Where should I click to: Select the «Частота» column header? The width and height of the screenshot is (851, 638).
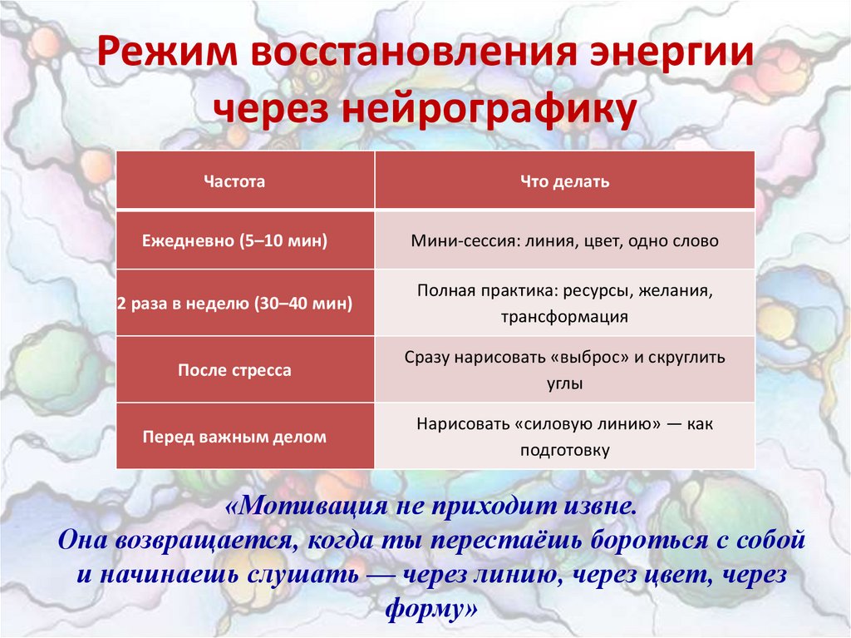(x=234, y=181)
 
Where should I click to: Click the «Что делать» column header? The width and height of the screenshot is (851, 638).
(x=564, y=181)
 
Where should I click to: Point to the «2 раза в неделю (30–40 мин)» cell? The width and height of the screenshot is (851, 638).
(x=235, y=304)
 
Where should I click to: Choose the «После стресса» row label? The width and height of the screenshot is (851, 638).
(x=235, y=370)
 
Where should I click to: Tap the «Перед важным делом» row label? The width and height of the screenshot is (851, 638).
(x=235, y=436)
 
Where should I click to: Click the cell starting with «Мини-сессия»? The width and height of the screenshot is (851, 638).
(x=564, y=241)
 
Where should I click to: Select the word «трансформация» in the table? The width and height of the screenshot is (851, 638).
(x=564, y=317)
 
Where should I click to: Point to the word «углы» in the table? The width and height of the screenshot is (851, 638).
(x=564, y=383)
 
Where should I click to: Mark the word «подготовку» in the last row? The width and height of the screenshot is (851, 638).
(x=565, y=450)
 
